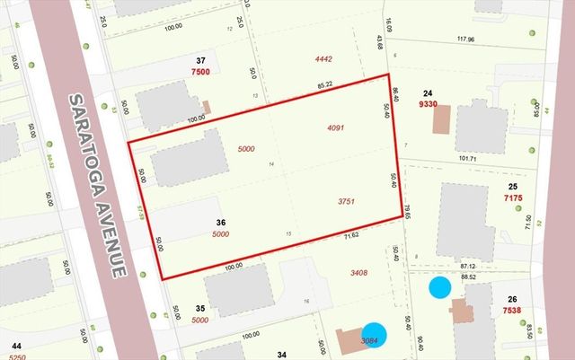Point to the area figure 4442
323,59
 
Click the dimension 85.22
326,85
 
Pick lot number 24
428,92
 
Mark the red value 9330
428,103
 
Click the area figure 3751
347,202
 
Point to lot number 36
221,222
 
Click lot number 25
513,186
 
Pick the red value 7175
513,197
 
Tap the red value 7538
513,312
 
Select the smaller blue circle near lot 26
439,287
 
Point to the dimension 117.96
464,39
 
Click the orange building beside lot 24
441,119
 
